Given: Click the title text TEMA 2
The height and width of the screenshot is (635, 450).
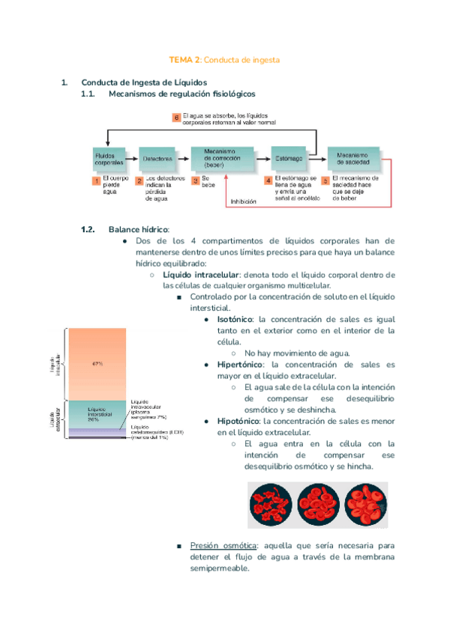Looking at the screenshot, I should pos(184,59).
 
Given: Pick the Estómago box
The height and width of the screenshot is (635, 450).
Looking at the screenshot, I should pos(286,159).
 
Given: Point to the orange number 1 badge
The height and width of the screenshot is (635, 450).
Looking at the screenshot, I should pos(96,181).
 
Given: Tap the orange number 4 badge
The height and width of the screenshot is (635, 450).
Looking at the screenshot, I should pos(268,181).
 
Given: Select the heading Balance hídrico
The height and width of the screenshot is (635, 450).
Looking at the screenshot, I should pos(139,229).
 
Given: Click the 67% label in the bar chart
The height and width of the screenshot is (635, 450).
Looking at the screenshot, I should pos(97,364).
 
